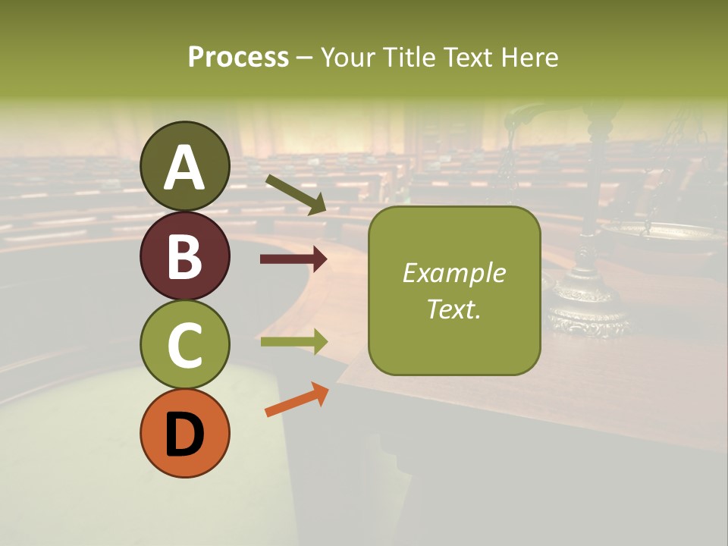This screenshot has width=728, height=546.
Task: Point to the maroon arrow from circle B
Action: tap(293, 259)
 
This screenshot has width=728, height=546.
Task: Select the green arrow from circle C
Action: tap(293, 342)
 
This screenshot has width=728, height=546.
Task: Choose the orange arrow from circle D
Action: tap(297, 400)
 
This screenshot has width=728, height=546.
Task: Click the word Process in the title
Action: tap(238, 57)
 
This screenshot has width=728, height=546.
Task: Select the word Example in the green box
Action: tap(454, 273)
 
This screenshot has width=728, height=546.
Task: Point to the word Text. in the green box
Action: tap(454, 309)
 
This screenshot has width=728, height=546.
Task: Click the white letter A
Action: tap(184, 168)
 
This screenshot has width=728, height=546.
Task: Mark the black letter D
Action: tap(184, 435)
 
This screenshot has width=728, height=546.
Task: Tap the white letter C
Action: tap(184, 346)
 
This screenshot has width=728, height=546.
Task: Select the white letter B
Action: tap(184, 256)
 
